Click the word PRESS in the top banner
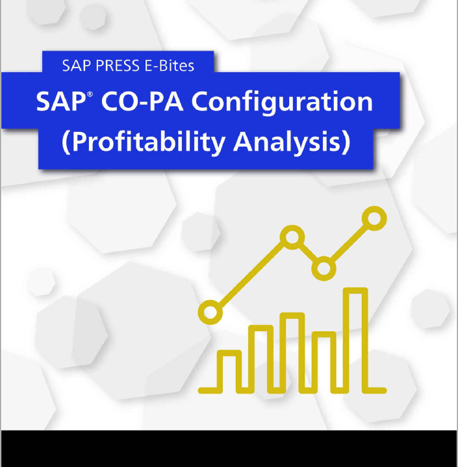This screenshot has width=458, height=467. [118, 66]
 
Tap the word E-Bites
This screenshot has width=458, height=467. [170, 66]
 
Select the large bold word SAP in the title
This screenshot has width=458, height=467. [61, 101]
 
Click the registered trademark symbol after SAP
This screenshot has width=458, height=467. [90, 94]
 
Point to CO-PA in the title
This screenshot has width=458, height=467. [142, 101]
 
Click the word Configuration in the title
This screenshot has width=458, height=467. [282, 103]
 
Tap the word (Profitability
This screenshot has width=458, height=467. [144, 142]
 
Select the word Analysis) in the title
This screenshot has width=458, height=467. [292, 142]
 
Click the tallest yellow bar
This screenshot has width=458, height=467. [346, 340]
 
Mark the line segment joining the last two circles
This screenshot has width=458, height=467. [349, 243]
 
